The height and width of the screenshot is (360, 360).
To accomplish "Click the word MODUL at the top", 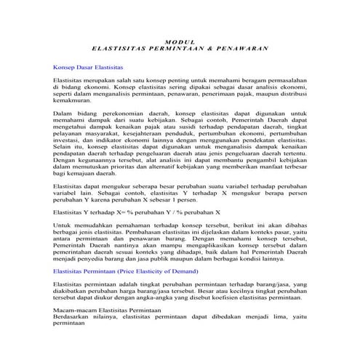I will tap(180, 42).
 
